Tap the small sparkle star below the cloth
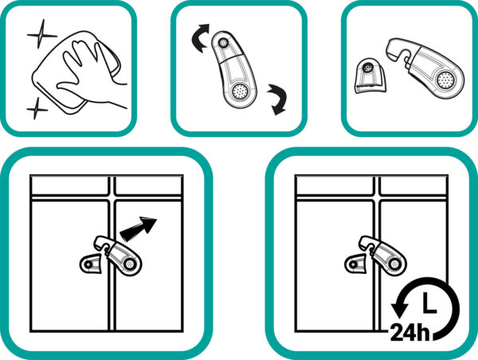[37, 108]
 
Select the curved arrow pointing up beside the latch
[200, 37]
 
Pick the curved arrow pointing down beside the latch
[277, 99]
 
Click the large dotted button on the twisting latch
[240, 91]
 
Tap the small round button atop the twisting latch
[224, 43]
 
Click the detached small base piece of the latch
[371, 76]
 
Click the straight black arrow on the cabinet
[139, 228]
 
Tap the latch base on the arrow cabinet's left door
[90, 264]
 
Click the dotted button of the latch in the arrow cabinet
[130, 264]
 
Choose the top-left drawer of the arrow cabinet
[70, 186]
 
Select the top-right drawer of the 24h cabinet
[413, 186]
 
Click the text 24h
[409, 332]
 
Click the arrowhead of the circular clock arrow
[399, 308]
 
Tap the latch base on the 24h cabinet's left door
[355, 264]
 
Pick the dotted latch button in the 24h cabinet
[394, 264]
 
